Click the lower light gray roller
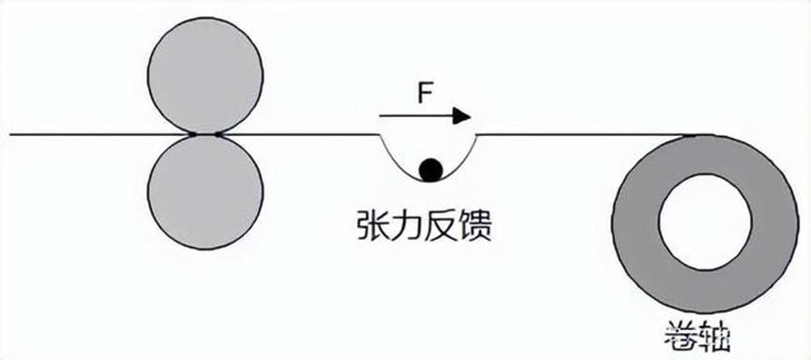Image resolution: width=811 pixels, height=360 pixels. coord(204,193)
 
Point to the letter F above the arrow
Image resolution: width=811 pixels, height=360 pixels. coord(424,95)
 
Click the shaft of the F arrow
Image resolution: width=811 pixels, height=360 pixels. coord(413,116)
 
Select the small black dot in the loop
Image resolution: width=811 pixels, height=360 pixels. coord(430,170)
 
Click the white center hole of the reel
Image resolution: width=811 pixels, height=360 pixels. coord(705,221)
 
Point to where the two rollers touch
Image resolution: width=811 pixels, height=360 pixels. coord(204,134)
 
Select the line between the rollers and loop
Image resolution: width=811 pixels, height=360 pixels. coord(300,134)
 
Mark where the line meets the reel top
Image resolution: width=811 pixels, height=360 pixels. coord(701,135)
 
